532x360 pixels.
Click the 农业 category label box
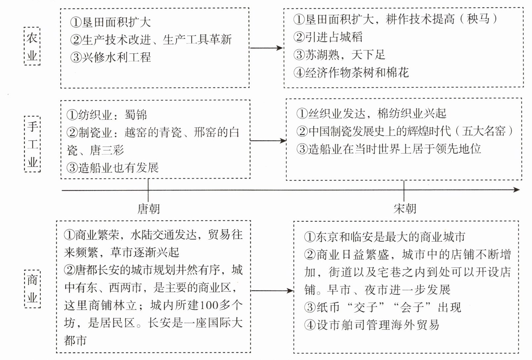(x=32, y=46)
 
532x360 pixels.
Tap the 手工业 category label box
(x=32, y=144)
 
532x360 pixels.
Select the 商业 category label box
(x=32, y=289)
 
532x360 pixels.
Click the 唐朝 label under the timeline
(x=148, y=209)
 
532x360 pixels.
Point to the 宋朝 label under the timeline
(x=405, y=209)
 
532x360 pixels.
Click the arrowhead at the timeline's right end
(x=517, y=190)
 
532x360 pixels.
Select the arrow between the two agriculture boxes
(x=266, y=48)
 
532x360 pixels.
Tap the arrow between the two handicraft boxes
(x=268, y=141)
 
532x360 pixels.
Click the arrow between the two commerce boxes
(x=272, y=290)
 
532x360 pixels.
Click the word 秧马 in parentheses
(x=478, y=19)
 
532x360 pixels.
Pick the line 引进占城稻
(x=328, y=37)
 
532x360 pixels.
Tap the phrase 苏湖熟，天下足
(x=339, y=55)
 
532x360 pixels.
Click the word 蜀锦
(x=136, y=115)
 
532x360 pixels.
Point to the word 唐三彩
(x=107, y=150)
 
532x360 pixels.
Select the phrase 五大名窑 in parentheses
(x=484, y=131)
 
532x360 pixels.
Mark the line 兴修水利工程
(x=110, y=57)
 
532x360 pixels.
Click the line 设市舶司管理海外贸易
(x=372, y=325)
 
